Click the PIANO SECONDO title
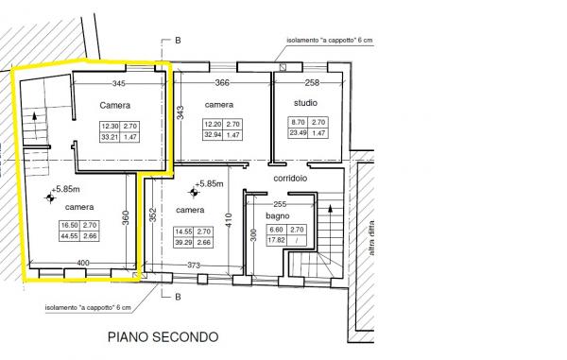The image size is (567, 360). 163,337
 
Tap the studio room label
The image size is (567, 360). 305,103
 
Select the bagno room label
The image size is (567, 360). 277,215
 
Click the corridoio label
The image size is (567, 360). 290,179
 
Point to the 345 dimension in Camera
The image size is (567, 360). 119,83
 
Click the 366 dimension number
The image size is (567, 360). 222,83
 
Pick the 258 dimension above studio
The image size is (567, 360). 312,83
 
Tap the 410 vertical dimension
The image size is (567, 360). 228,220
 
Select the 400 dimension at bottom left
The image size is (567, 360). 83,263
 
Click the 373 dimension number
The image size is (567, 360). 194,265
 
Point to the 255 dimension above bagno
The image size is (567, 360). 280,204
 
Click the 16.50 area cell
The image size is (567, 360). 69,225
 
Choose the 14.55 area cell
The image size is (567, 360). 183,231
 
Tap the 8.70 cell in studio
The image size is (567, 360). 299,122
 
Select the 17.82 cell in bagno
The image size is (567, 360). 277,240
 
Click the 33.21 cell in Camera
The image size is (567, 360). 110,137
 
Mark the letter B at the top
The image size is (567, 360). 178,41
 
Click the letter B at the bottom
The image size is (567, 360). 178,297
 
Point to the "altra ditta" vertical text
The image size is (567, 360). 371,238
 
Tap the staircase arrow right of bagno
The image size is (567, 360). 330,224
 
